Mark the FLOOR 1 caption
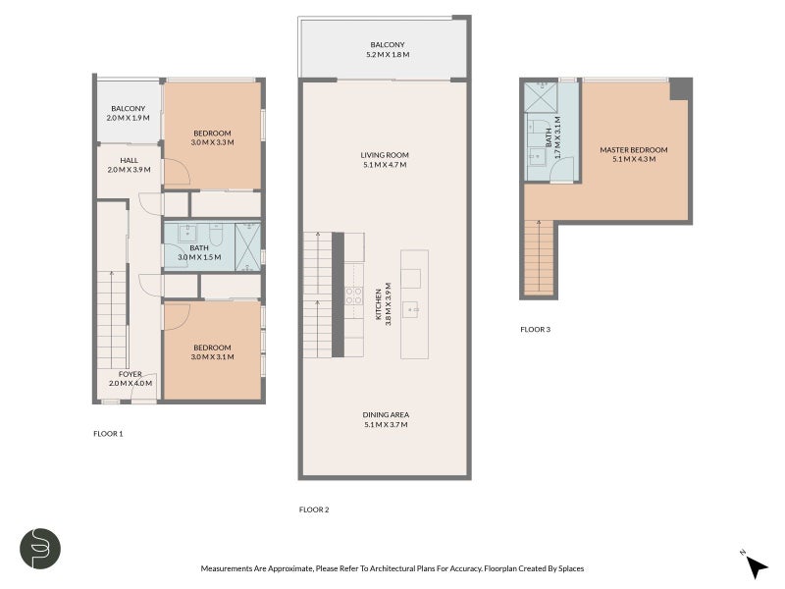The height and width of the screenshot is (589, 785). tap(108, 433)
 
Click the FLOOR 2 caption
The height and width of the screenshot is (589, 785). tap(314, 509)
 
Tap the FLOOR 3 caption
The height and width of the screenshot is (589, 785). tap(535, 330)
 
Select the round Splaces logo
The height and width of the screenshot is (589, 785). tap(41, 549)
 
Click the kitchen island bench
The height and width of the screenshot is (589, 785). tap(414, 303)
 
